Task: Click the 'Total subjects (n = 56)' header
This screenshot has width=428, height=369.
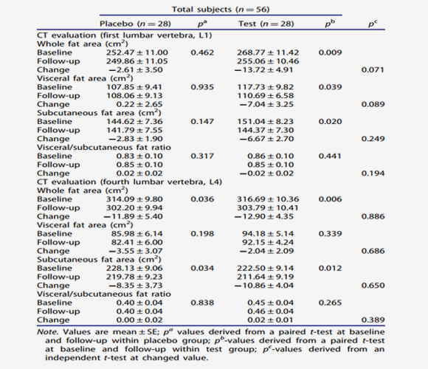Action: click(x=221, y=10)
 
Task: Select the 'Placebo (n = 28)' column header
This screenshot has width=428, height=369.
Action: click(x=135, y=24)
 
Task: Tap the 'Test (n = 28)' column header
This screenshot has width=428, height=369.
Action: click(x=266, y=24)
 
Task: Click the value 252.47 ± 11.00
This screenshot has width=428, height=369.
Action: click(x=137, y=52)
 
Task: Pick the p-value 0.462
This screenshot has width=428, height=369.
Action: click(x=202, y=52)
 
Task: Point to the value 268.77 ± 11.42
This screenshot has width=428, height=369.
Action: click(x=268, y=52)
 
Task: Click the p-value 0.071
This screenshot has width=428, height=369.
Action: click(x=373, y=70)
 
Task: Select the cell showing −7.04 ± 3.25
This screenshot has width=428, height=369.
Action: click(x=266, y=104)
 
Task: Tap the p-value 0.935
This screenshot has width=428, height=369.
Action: click(x=202, y=87)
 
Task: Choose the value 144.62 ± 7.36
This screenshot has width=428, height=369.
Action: click(x=134, y=122)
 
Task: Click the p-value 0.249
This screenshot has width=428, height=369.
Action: click(x=373, y=139)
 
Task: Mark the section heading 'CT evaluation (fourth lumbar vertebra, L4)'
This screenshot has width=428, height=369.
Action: click(x=129, y=182)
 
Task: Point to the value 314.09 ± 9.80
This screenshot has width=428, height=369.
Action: click(x=134, y=199)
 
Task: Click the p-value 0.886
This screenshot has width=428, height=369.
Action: click(x=373, y=216)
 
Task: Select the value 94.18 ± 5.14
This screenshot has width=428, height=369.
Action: click(x=268, y=234)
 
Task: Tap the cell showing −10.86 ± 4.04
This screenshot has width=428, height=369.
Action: click(x=263, y=286)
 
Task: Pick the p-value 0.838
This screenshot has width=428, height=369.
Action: click(x=202, y=303)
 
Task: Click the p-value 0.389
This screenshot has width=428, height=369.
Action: click(x=373, y=320)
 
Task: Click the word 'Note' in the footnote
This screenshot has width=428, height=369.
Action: click(x=46, y=332)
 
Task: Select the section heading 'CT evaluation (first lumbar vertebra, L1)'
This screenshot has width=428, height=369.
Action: click(x=125, y=35)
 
